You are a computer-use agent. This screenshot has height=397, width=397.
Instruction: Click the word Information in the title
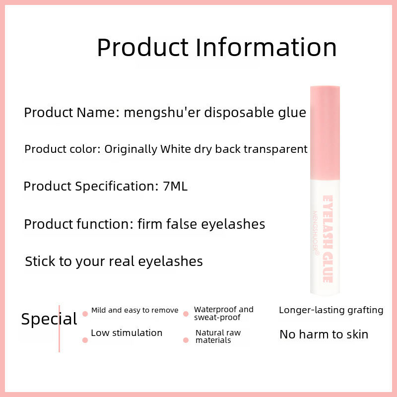coord(266,47)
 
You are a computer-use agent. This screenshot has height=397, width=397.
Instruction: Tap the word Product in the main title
coord(143,47)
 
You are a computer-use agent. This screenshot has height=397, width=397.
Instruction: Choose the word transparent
coord(275,149)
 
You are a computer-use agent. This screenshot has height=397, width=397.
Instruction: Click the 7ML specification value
coord(175,187)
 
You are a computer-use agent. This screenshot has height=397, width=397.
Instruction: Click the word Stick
coord(40,261)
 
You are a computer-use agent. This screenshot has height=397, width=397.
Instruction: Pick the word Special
coord(49,319)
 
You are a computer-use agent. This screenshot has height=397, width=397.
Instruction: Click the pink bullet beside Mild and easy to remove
coord(85,314)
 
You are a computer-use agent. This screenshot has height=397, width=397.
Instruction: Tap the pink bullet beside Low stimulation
coord(85,340)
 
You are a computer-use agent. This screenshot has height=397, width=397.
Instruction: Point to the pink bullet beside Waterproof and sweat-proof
coord(186,314)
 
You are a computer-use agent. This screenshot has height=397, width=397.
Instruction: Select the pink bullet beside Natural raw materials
coord(186,340)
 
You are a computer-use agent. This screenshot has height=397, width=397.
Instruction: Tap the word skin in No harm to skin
coord(357,334)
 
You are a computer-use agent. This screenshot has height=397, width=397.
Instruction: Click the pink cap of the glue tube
coord(325,133)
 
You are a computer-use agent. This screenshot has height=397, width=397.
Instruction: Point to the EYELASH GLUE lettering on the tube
coord(328,239)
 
